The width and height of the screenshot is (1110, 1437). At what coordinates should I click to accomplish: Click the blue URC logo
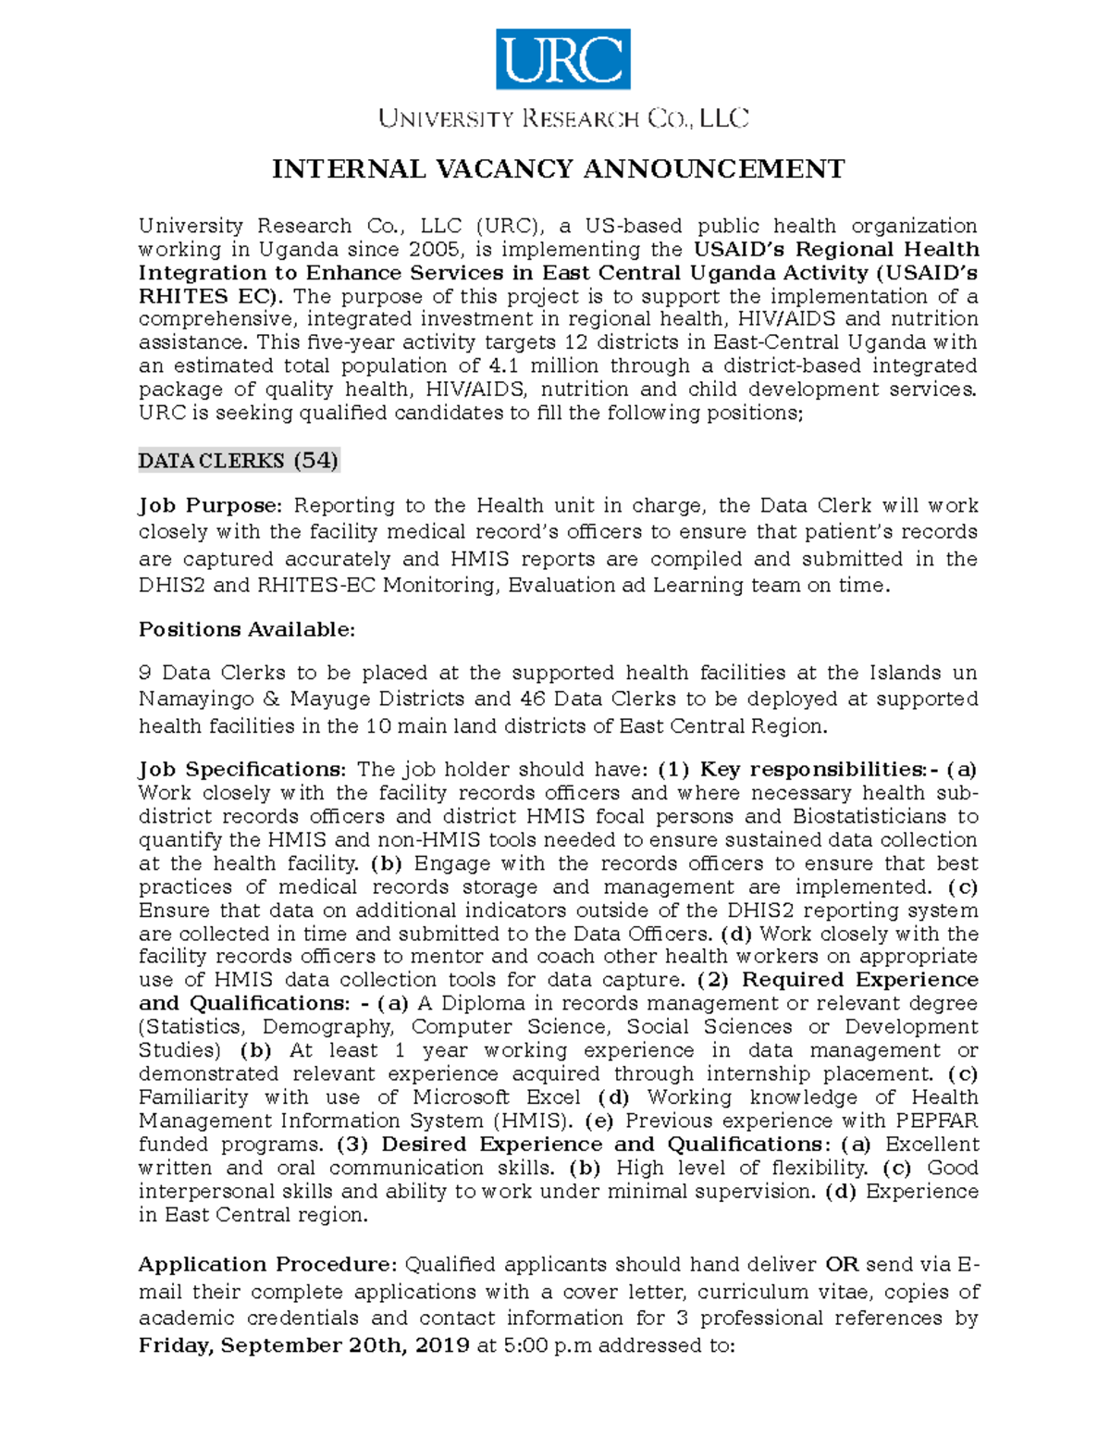(x=562, y=59)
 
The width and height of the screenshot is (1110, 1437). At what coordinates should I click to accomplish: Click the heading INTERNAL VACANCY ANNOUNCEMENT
(x=558, y=169)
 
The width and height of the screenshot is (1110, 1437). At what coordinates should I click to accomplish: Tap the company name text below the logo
(x=562, y=118)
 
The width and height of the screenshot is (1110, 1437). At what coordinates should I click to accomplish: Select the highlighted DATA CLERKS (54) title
(x=239, y=461)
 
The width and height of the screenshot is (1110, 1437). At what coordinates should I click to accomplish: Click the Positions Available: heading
(x=246, y=629)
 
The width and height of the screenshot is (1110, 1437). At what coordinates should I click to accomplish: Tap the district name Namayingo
(x=196, y=700)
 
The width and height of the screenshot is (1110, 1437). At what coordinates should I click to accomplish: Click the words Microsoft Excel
(x=497, y=1097)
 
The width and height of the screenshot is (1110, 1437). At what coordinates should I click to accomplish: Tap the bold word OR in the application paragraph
(x=842, y=1265)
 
